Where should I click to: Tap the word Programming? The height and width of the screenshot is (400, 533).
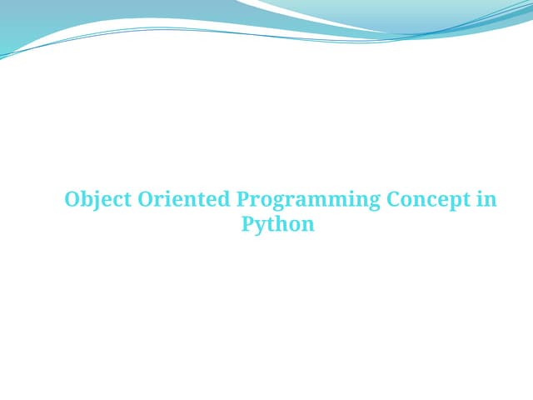[308, 201]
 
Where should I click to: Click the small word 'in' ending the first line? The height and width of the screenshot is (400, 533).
[486, 200]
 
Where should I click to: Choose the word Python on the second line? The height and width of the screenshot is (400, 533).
[278, 225]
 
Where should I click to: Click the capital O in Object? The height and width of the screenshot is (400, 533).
[72, 200]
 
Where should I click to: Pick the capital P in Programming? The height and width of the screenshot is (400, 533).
[243, 200]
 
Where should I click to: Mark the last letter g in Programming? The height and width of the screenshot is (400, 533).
[375, 203]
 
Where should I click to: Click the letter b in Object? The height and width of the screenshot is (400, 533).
[86, 200]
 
